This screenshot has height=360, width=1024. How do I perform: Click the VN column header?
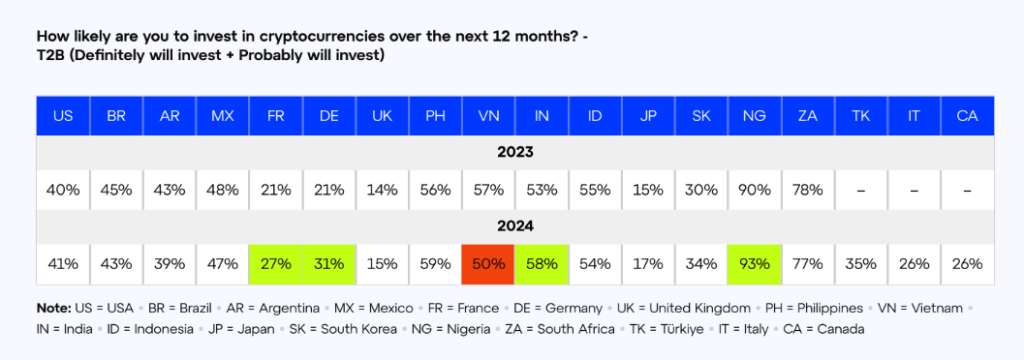click(488, 116)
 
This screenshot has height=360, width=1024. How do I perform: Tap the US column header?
click(63, 116)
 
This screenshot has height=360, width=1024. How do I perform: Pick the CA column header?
click(967, 116)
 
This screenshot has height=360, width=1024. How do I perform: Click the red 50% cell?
click(488, 264)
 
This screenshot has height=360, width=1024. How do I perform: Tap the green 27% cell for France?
click(276, 264)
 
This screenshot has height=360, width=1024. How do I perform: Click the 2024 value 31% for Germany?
click(329, 264)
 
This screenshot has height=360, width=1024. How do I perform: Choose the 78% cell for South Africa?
click(808, 190)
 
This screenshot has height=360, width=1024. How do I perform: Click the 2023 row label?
click(515, 153)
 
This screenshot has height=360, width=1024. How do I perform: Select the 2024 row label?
click(515, 227)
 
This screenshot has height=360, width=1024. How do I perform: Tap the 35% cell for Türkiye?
click(861, 264)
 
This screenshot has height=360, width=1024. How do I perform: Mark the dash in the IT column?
click(914, 191)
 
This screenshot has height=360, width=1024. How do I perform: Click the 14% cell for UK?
click(382, 190)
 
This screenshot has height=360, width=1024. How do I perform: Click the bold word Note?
click(53, 308)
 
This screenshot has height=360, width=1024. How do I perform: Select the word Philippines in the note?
click(835, 308)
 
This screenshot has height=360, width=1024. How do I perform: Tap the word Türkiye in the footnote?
click(682, 329)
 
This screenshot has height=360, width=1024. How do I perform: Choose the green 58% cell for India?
click(542, 264)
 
